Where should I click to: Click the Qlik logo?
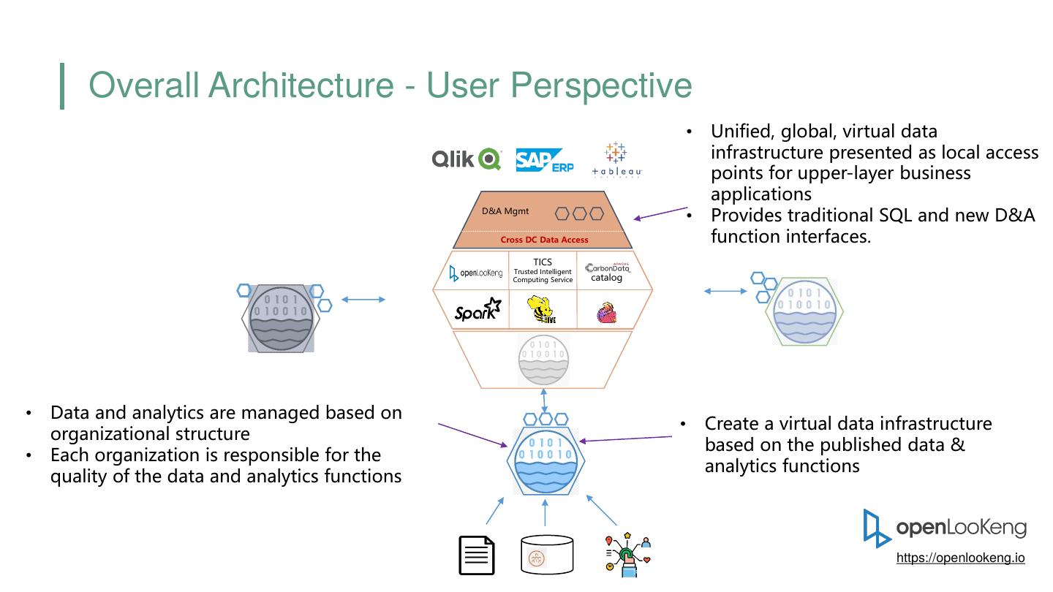pos(466,159)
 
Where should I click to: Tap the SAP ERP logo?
pos(544,160)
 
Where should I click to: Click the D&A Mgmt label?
pos(505,212)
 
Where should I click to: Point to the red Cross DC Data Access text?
pos(544,240)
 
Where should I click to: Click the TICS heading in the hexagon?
pos(543,262)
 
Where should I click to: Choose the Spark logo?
pos(478,311)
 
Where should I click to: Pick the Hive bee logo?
pos(542,310)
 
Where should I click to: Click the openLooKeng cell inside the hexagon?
pos(476,273)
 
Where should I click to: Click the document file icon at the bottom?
pos(477,555)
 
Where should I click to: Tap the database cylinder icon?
pos(547,555)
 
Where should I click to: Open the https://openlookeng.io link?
pos(960,558)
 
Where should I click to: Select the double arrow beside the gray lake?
pos(363,299)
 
